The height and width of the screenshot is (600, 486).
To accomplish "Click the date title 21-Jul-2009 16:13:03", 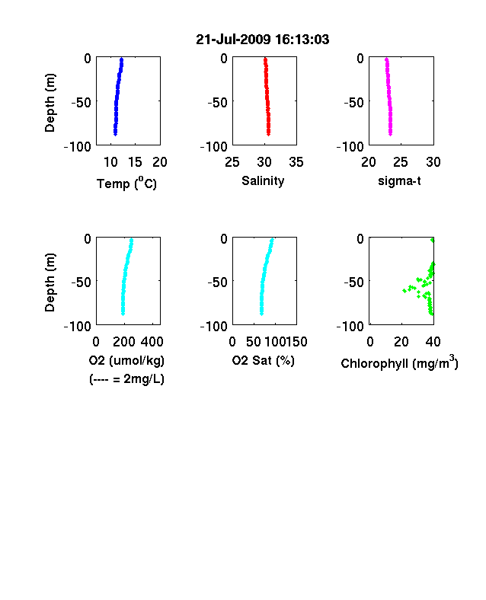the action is pos(263,40).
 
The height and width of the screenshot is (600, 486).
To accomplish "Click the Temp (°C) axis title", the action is pos(126,184).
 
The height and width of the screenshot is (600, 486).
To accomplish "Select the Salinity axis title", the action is pos(263,180).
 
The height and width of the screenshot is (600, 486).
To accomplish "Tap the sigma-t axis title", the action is pos(399,180).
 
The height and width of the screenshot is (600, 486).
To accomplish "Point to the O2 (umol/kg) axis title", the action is pos(126,360).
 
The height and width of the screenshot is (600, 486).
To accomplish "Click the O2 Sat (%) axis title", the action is pos(264,360).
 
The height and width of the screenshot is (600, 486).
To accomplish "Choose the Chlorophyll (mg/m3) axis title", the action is pos(399,362).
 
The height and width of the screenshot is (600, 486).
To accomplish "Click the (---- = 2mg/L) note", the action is pos(126,379).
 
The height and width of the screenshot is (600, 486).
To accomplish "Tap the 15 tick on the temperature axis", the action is pos(135,162).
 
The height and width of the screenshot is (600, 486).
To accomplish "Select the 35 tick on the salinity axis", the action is pos(296,162).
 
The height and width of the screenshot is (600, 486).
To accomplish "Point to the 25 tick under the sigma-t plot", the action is pos(400,162).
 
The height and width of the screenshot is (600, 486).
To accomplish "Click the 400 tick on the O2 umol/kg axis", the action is pos(152,342).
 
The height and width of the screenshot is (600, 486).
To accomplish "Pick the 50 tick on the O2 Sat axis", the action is pos(254,342).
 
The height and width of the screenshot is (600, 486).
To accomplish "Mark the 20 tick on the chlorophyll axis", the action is pos(401,342).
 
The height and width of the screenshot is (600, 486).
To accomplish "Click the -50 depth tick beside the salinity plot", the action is pos(217,103).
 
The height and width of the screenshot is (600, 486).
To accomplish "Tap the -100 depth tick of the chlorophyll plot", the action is pos(350,327).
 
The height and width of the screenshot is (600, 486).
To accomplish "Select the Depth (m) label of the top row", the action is pos(50,103).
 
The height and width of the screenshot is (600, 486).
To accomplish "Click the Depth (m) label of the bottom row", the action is pos(50,282).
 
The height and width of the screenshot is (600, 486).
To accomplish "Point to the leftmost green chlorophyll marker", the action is pos(404,291).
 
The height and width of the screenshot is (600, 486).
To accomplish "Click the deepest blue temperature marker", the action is pos(115,133).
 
